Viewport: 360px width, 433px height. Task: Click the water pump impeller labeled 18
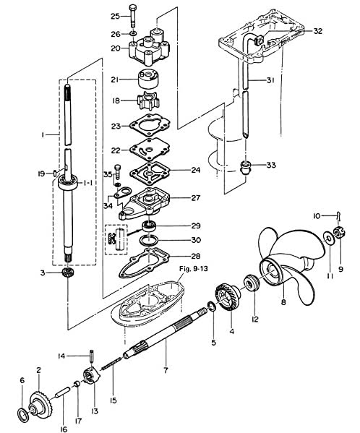point(148,101)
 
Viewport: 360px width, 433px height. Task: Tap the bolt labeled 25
point(133,16)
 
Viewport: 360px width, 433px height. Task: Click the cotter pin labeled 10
point(339,216)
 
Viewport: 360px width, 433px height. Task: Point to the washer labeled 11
point(328,239)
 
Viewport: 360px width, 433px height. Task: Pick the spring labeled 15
point(111,363)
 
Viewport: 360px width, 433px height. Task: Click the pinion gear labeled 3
point(67,273)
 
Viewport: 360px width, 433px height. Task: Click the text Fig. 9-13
point(193,269)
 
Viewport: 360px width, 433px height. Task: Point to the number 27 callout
point(195,198)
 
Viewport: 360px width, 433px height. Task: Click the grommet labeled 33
point(245,168)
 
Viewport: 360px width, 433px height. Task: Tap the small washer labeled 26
point(133,34)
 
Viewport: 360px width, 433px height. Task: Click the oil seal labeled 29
point(149,227)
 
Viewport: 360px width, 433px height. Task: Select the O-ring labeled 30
point(149,241)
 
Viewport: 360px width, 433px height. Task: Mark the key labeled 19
point(55,173)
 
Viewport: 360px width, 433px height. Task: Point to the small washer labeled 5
point(212,306)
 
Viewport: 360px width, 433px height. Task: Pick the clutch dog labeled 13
point(91,375)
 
